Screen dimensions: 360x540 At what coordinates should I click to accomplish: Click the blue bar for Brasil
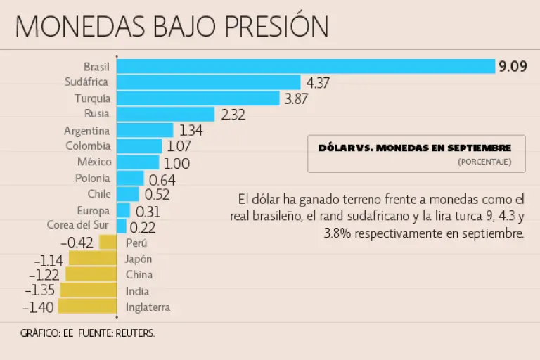click(x=306, y=66)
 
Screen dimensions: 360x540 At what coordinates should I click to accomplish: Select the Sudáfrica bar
click(x=208, y=82)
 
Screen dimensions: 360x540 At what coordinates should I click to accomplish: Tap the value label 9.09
click(x=513, y=67)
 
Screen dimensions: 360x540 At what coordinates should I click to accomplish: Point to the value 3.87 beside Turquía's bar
click(x=296, y=99)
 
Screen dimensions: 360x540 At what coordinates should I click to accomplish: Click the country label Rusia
click(x=96, y=114)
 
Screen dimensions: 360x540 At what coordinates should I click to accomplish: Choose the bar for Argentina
click(x=145, y=130)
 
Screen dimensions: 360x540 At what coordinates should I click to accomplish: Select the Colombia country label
click(x=88, y=146)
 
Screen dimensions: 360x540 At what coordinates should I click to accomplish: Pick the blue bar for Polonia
click(x=130, y=179)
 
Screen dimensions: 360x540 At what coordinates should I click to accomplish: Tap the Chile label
click(x=99, y=194)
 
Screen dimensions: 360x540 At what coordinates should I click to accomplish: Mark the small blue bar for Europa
click(x=123, y=210)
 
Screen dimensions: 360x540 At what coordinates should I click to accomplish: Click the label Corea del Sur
click(x=78, y=226)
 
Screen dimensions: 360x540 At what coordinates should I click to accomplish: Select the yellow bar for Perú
click(x=108, y=243)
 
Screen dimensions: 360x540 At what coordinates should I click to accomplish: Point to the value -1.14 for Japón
click(x=49, y=259)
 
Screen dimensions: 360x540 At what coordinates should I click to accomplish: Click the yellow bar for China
click(x=91, y=274)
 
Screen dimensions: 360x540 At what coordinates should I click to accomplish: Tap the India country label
click(x=137, y=291)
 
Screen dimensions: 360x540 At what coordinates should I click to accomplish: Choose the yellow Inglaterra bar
click(x=87, y=307)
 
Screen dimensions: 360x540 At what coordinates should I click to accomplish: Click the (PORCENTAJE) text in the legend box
click(x=484, y=162)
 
